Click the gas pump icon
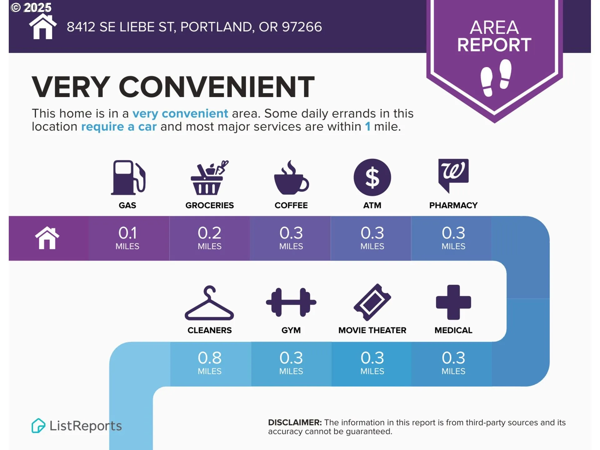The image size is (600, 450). coord(128,177)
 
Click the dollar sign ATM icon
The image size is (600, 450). coord(372,177)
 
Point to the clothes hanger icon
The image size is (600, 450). coord(209,303)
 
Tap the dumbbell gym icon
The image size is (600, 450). coord(291,302)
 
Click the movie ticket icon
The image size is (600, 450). coord(372,302)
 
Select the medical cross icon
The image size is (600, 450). coord(453,302)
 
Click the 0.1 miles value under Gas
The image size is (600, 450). coord(127,238)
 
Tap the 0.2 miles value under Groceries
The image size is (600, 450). coord(209,238)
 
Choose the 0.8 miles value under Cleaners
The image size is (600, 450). coord(209,363)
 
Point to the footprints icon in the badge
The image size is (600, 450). coord(496,78)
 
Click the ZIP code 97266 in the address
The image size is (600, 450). coord(302,27)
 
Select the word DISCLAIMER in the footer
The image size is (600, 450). coord(295,422)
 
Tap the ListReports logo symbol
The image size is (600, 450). coord(38,426)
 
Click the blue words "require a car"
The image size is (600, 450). coord(119,127)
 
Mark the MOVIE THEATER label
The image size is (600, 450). coord(372,330)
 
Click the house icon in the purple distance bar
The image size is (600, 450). coord(47,238)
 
